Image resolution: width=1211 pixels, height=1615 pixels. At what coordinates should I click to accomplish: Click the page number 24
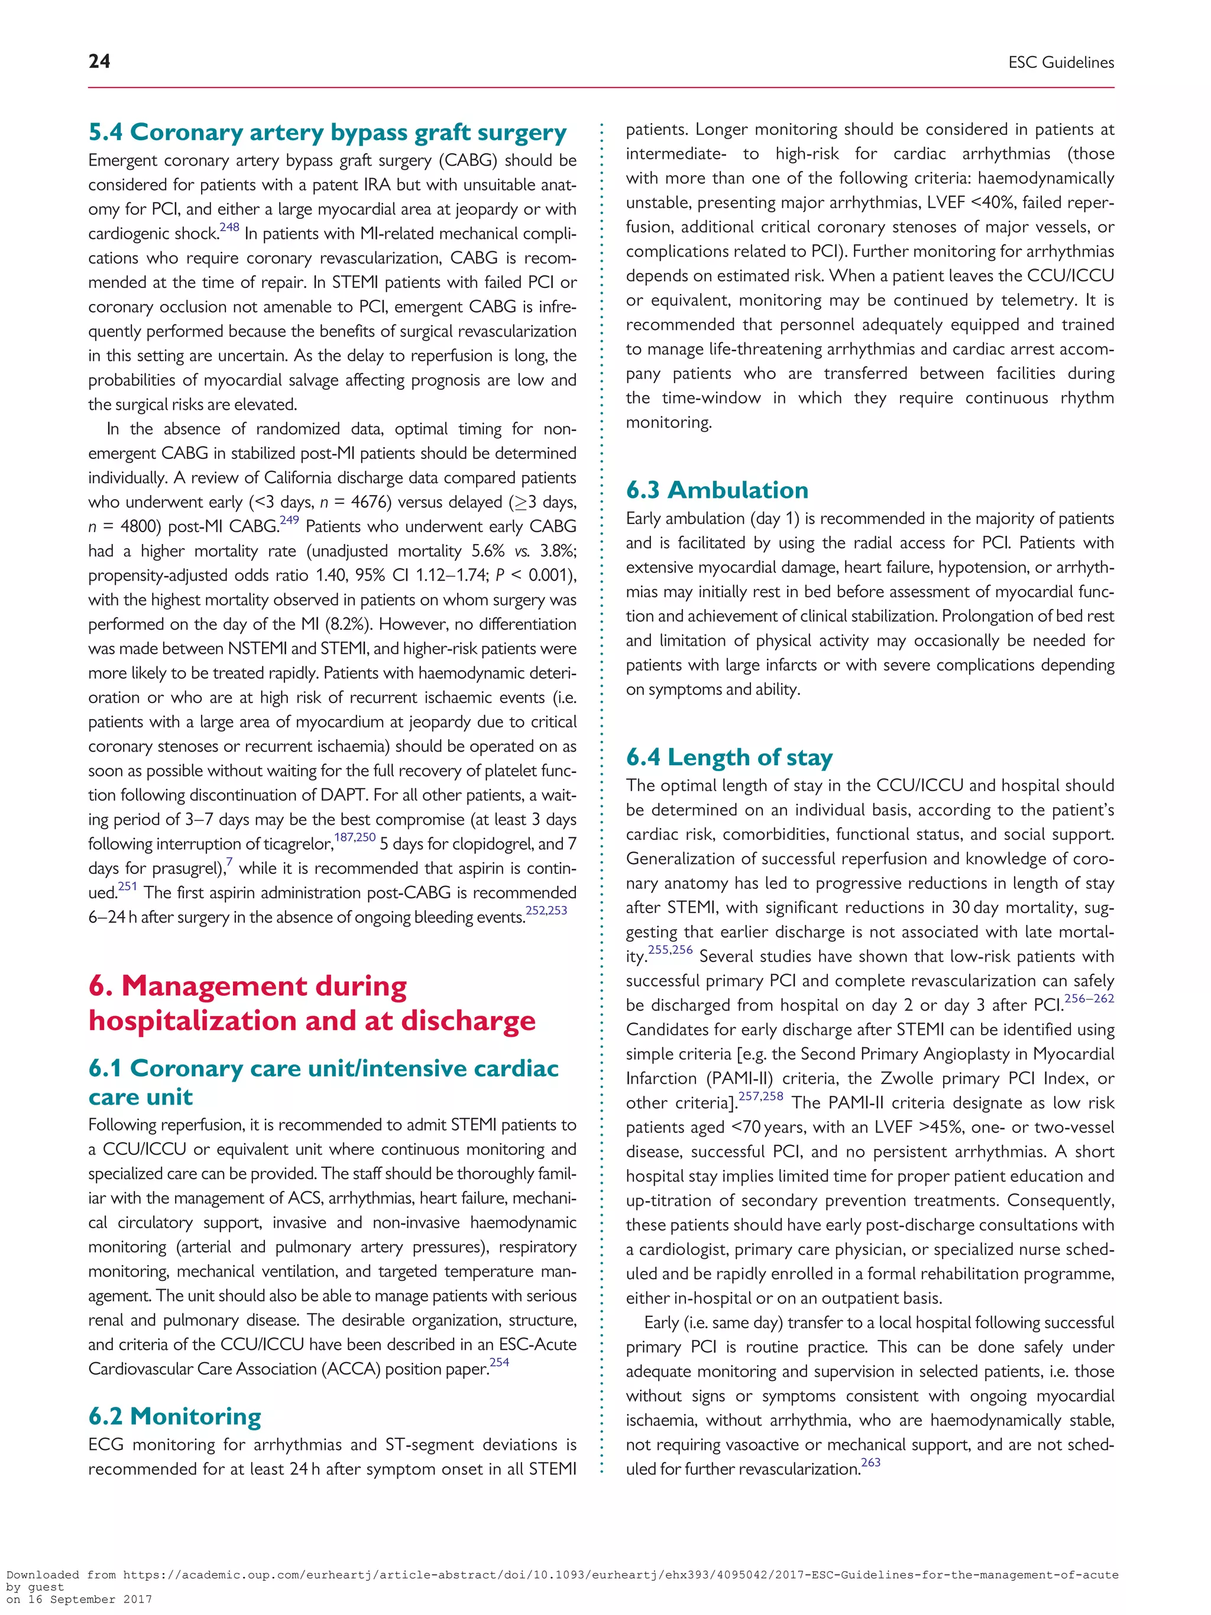[99, 62]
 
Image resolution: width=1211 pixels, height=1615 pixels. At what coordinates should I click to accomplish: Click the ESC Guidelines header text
[1061, 63]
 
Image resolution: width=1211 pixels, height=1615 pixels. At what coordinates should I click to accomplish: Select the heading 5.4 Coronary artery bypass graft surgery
[327, 132]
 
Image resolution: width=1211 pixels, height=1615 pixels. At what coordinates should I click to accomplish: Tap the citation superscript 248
[229, 227]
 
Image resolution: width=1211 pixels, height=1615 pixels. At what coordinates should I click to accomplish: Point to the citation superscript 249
[289, 520]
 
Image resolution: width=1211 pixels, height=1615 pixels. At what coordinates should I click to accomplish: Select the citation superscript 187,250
[355, 837]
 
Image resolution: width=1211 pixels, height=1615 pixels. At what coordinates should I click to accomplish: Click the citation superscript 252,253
[546, 911]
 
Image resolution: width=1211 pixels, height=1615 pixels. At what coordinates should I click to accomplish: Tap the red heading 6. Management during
[247, 986]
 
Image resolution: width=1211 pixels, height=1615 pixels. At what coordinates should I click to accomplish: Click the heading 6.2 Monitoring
[174, 1416]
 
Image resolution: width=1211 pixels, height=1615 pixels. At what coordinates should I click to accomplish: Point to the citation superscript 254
[499, 1362]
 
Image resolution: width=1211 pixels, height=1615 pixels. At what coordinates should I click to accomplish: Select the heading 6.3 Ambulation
[717, 490]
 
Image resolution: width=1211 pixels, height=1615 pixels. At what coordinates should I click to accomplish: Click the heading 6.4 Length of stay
[728, 757]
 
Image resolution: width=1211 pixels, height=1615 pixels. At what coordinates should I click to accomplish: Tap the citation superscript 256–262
[1089, 998]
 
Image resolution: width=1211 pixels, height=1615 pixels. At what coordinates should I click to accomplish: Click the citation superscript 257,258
[760, 1096]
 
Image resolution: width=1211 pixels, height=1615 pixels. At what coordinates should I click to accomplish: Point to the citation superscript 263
[871, 1462]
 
